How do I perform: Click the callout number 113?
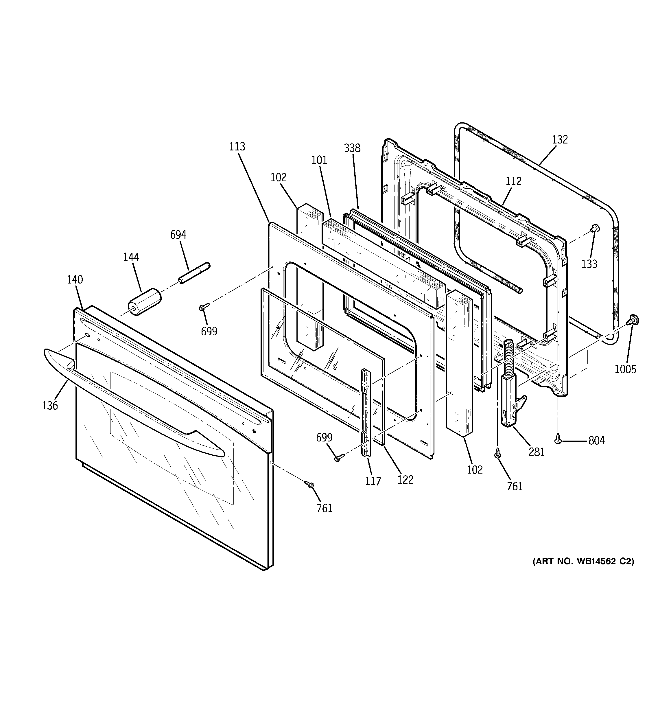pos(237,147)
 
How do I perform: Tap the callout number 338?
pos(352,148)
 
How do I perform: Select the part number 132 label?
pos(560,139)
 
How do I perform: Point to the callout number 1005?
pos(625,369)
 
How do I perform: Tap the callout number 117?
pos(373,481)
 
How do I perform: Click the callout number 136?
pos(50,406)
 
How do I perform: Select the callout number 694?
pos(178,235)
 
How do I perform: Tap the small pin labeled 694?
pos(194,273)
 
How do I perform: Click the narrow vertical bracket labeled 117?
pos(366,413)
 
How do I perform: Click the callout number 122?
pos(405,479)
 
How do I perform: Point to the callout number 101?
pos(319,160)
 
